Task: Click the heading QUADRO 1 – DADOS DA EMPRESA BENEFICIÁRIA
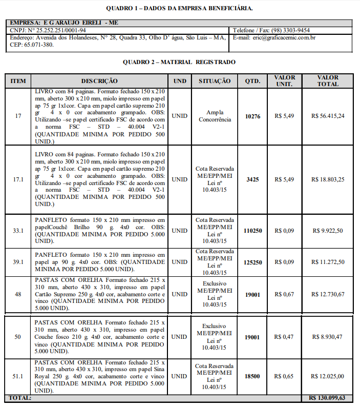tap(179, 8)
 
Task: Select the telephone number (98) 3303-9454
tap(290, 30)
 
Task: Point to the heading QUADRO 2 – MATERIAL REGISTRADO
tap(179, 62)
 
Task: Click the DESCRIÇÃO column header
tap(99, 81)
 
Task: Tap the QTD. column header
tap(252, 81)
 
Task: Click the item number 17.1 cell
tap(18, 179)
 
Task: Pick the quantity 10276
tap(252, 116)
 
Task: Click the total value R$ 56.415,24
tap(328, 116)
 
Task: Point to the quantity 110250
tap(252, 231)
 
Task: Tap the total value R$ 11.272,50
tap(328, 262)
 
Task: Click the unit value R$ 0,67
tap(284, 294)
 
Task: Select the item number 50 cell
tap(18, 337)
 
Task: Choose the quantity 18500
tap(252, 376)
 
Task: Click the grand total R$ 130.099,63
tap(327, 398)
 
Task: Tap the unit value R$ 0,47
tap(284, 337)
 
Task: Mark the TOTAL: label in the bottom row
tap(20, 398)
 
